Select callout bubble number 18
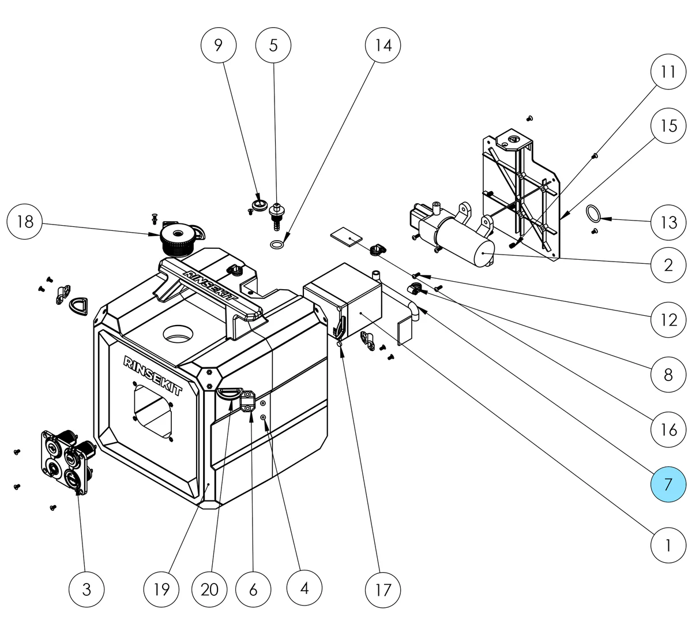(x=25, y=222)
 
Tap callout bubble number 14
(x=383, y=45)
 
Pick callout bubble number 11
(x=668, y=72)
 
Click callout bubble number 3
(x=86, y=589)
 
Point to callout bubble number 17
(x=383, y=589)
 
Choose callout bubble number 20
(x=210, y=589)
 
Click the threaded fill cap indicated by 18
(x=176, y=238)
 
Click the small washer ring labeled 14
(x=277, y=245)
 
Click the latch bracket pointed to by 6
(x=247, y=401)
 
